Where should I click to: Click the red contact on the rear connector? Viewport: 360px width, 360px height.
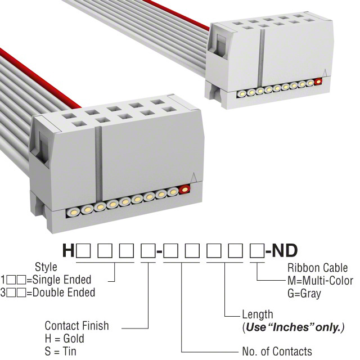click(x=318, y=82)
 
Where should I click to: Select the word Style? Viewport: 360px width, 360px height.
click(x=46, y=267)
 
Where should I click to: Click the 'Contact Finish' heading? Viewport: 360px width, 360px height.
click(x=76, y=326)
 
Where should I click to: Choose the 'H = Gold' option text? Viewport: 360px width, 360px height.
click(x=64, y=339)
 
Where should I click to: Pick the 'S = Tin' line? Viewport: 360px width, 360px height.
click(x=61, y=352)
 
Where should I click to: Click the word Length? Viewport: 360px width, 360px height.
click(x=257, y=314)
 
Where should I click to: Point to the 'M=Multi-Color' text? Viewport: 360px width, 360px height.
click(x=320, y=280)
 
